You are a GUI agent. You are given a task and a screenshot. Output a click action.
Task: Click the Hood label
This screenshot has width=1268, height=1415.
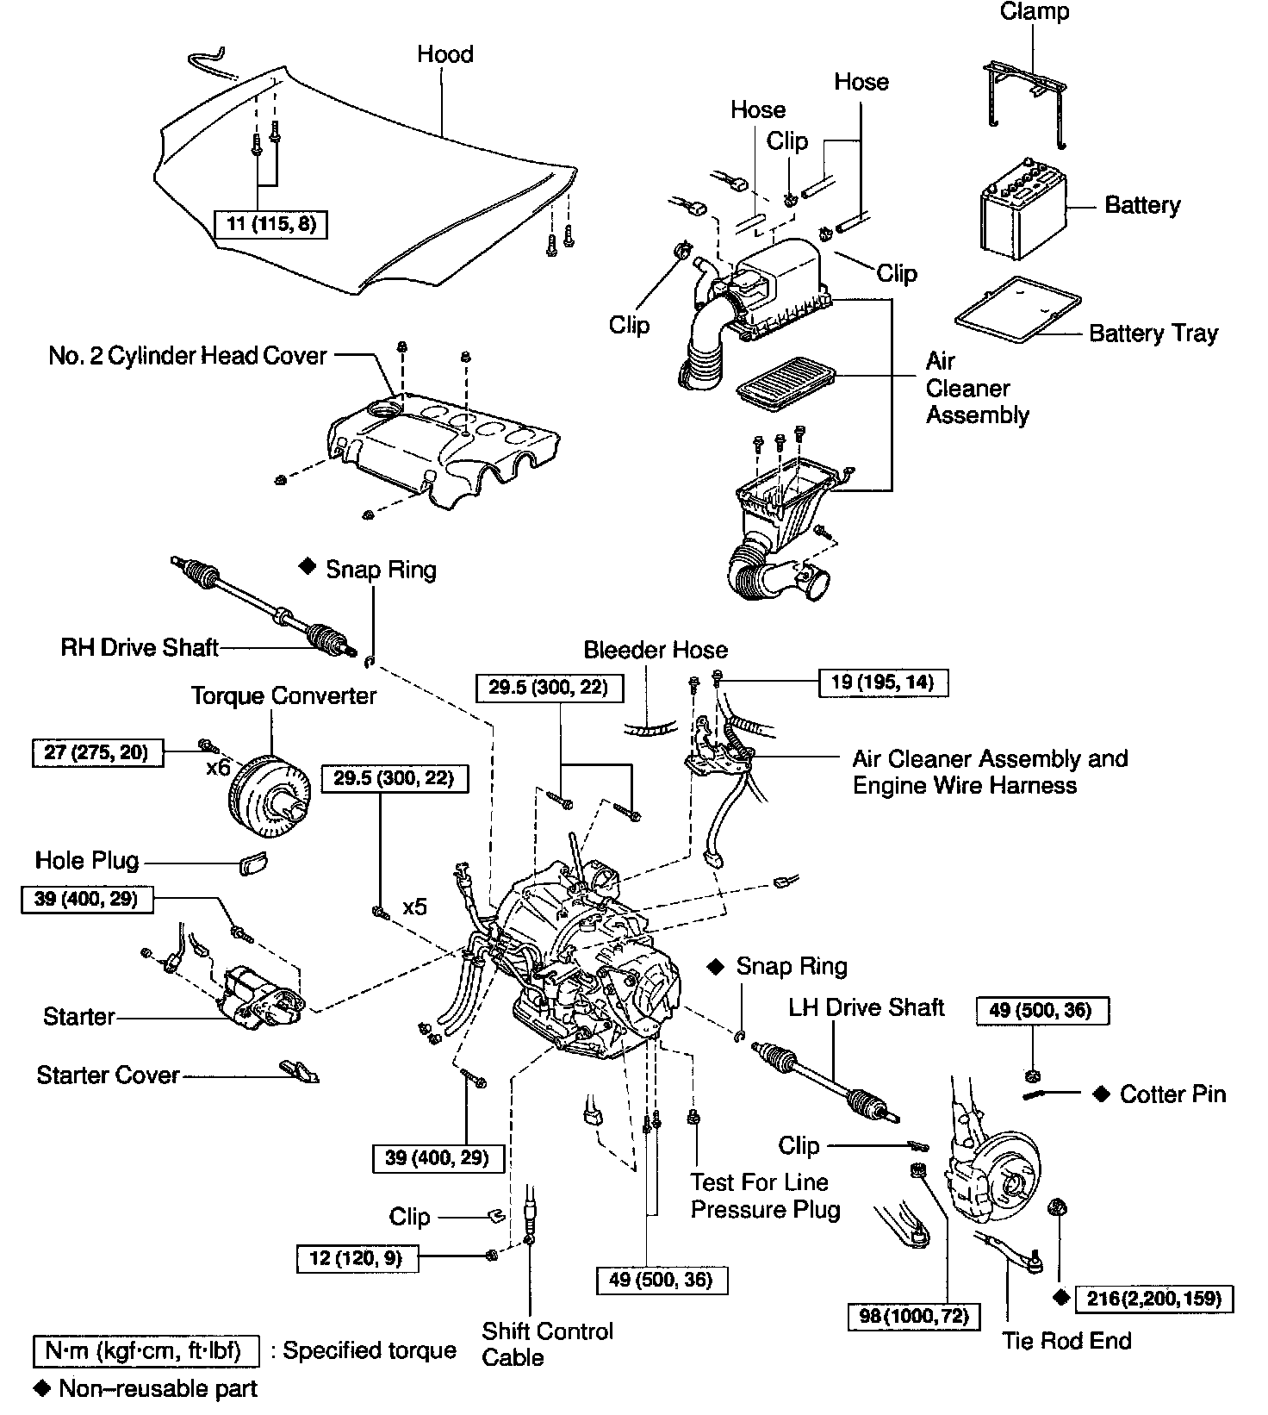(445, 54)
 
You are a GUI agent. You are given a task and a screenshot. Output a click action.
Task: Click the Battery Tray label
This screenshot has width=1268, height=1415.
(1153, 333)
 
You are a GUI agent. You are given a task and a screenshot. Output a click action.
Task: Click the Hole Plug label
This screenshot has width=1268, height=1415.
(87, 860)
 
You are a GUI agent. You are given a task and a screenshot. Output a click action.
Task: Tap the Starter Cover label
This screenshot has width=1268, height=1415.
(108, 1075)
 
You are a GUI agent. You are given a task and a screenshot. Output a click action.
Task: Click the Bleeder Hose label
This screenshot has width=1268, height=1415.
(656, 650)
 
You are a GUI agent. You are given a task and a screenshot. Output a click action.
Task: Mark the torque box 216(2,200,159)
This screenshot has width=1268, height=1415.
(1154, 1299)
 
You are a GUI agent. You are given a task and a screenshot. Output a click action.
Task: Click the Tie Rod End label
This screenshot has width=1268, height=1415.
(1066, 1340)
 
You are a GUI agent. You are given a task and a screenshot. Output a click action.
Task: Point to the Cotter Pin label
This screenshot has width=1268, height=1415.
(1172, 1094)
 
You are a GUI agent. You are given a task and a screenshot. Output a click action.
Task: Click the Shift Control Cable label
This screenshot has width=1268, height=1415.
(547, 1343)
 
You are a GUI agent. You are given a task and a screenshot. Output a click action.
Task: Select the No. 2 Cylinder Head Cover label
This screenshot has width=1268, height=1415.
(188, 356)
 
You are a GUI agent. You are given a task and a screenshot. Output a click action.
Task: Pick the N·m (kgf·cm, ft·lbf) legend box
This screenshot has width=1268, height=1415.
(146, 1350)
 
